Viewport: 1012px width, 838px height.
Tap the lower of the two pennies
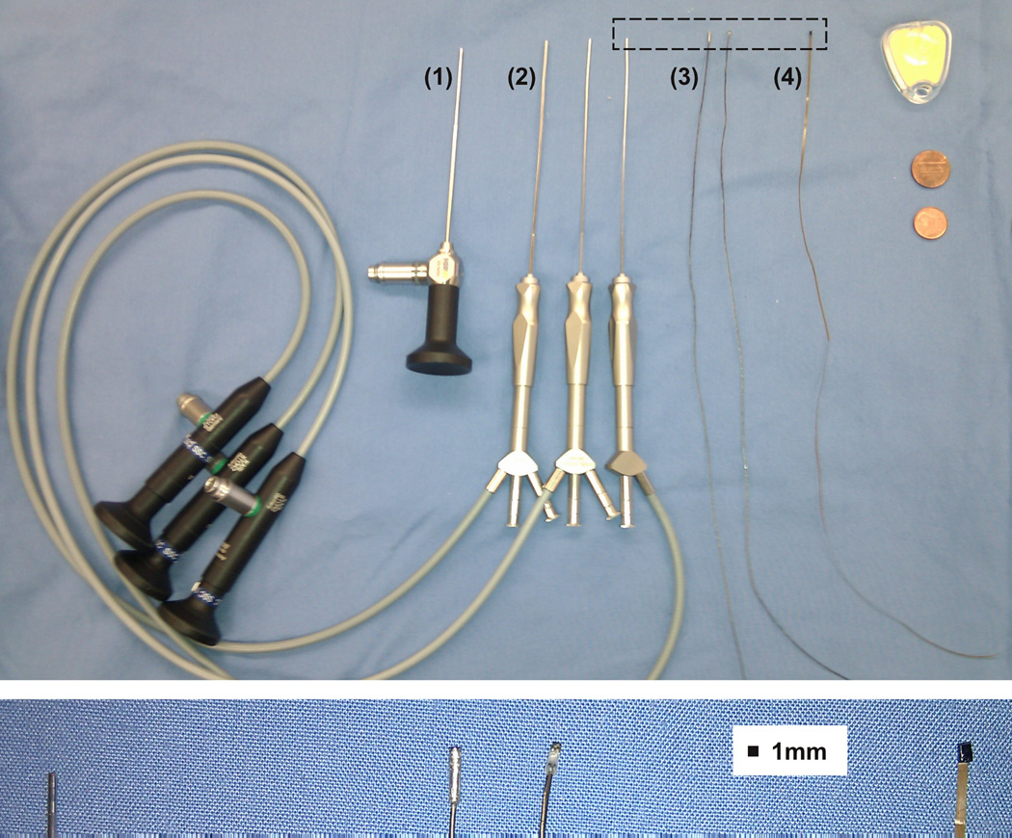point(931,223)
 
